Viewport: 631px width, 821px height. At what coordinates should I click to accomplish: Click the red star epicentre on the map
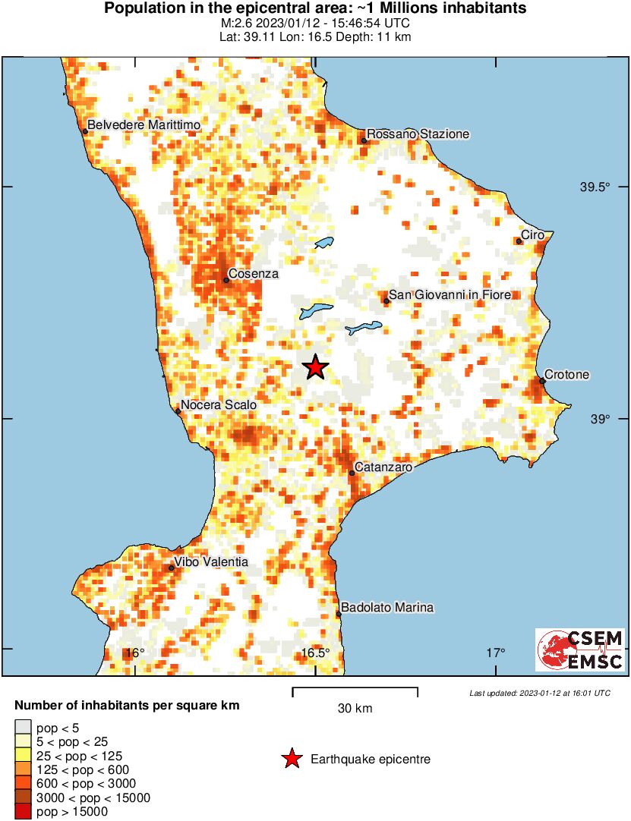(x=315, y=367)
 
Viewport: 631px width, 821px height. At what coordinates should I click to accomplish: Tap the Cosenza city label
(x=254, y=274)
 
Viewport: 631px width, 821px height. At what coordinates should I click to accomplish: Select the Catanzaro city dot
(x=352, y=473)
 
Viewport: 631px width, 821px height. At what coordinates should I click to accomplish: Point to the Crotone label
(x=567, y=376)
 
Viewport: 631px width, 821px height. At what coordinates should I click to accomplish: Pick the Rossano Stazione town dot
(x=364, y=140)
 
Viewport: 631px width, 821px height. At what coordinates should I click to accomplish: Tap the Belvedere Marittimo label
(x=143, y=124)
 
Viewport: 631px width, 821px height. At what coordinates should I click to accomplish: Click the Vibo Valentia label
(x=210, y=562)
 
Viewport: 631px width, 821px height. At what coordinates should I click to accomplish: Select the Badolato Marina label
(x=387, y=607)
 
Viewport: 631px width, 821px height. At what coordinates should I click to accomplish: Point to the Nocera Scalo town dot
(x=178, y=412)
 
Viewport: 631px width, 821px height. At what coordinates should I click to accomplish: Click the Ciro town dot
(x=519, y=241)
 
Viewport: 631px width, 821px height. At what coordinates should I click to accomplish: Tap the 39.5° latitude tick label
(x=595, y=187)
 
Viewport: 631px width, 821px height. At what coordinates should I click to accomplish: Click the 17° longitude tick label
(x=496, y=653)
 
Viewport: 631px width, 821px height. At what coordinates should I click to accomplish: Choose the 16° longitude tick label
(x=134, y=653)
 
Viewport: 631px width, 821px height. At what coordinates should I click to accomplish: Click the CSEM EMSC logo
(x=580, y=650)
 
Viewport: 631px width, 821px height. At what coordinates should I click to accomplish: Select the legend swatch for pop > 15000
(x=24, y=812)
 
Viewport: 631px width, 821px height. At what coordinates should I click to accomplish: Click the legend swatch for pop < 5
(x=24, y=727)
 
